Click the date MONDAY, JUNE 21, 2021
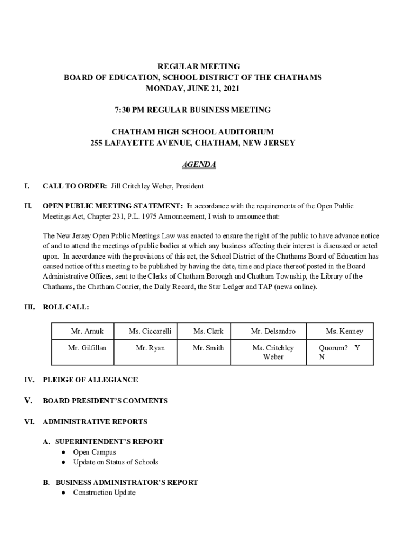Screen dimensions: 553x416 pos(192,88)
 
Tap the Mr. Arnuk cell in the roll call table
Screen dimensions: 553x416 pos(87,331)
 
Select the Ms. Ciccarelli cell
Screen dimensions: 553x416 pos(150,331)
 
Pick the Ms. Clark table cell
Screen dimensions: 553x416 pos(208,331)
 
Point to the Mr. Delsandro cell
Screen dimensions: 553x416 pos(273,331)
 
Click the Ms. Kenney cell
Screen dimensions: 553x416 pos(344,331)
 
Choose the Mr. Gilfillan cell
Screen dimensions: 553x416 pos(87,348)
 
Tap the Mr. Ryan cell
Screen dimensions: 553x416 pos(150,348)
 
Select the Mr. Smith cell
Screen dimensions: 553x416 pos(208,348)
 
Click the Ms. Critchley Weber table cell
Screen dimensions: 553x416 pos(273,352)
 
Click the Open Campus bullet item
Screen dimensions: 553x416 pos(95,452)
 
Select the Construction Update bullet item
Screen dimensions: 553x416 pos(104,493)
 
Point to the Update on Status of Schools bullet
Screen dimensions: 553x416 pos(116,462)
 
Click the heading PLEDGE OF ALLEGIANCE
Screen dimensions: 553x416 pos(90,380)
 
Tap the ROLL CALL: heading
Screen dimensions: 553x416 pos(66,307)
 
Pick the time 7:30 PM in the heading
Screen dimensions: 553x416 pos(129,110)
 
